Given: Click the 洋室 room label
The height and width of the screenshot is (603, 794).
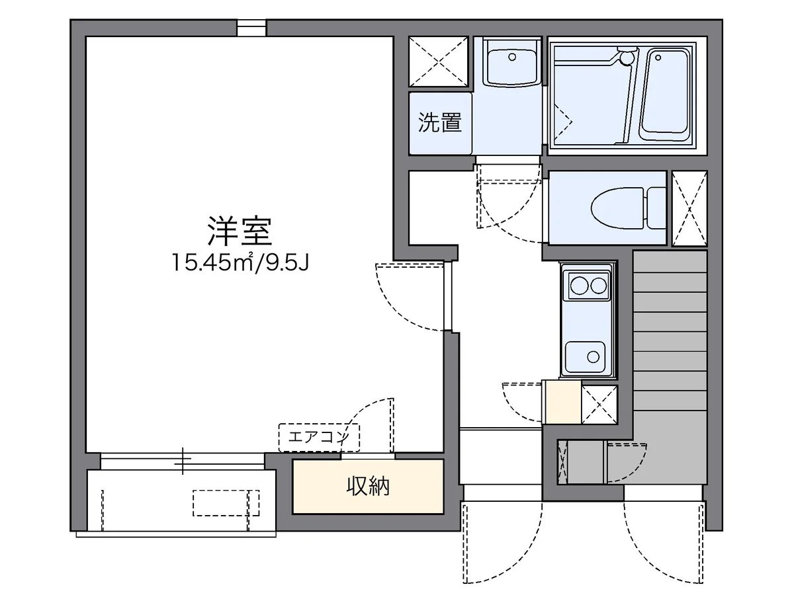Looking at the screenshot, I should point(240,231).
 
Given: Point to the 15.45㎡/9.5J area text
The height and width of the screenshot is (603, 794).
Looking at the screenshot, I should point(241,262).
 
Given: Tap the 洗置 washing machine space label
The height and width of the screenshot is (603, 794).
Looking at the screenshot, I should point(440,122).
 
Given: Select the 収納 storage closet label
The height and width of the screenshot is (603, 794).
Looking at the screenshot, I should point(368,487).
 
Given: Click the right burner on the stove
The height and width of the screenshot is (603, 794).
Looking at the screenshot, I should point(599,286).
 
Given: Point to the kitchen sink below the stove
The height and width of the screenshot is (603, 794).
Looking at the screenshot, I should point(588,358).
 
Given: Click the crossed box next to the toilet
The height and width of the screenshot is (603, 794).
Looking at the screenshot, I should point(689,209).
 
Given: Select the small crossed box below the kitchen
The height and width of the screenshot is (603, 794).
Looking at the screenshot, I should point(599,403).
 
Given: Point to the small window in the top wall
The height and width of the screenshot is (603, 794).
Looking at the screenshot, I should point(251,27).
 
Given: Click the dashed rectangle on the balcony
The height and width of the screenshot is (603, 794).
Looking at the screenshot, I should point(226,503).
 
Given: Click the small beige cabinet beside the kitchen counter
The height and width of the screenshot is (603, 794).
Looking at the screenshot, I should point(562,402).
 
